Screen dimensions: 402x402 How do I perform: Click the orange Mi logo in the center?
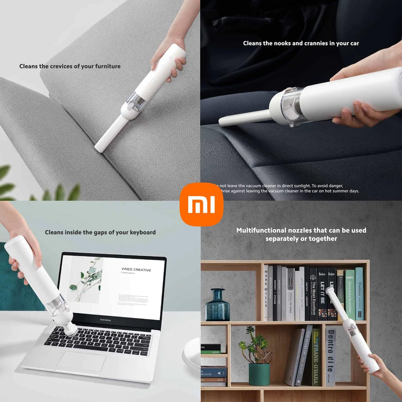click(201, 204)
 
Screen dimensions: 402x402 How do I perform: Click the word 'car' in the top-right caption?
click(354, 43)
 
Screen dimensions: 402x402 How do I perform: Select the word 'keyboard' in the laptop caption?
click(143, 232)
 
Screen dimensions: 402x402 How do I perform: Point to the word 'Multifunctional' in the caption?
click(261, 230)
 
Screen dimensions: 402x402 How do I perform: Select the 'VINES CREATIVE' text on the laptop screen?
click(136, 270)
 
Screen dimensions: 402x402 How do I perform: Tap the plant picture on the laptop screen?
click(86, 280)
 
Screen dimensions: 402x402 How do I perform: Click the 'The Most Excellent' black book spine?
click(313, 294)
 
